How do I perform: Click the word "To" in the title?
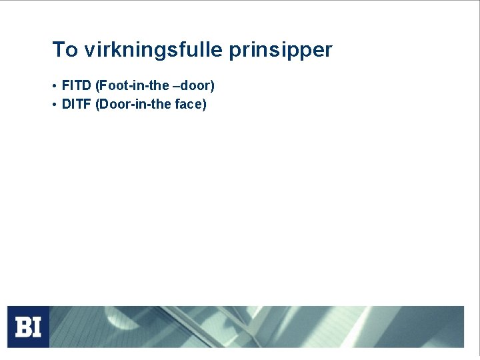click(x=65, y=50)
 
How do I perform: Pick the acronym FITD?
click(x=77, y=85)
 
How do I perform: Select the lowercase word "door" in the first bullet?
click(x=194, y=85)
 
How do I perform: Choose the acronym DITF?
click(x=77, y=104)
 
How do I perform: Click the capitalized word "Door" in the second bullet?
click(x=114, y=104)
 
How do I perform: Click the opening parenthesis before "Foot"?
click(x=99, y=86)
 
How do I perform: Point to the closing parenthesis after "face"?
click(x=205, y=105)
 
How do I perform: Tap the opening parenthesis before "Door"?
click(x=99, y=105)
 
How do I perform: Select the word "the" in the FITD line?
click(x=159, y=85)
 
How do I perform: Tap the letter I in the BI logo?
click(x=36, y=327)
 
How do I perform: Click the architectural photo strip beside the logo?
click(x=257, y=327)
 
